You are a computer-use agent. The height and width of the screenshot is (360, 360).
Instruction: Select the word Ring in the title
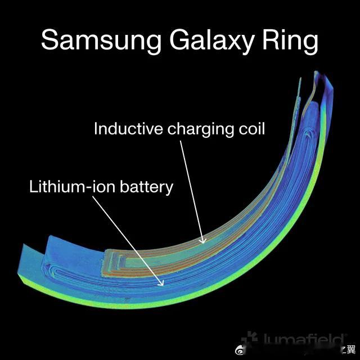292,41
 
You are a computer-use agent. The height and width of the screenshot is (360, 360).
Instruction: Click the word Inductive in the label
128,129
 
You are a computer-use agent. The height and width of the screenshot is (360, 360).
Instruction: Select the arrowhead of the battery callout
163,283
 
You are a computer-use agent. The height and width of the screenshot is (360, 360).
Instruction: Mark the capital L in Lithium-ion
33,186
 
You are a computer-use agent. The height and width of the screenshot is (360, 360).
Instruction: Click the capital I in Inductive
96,129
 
